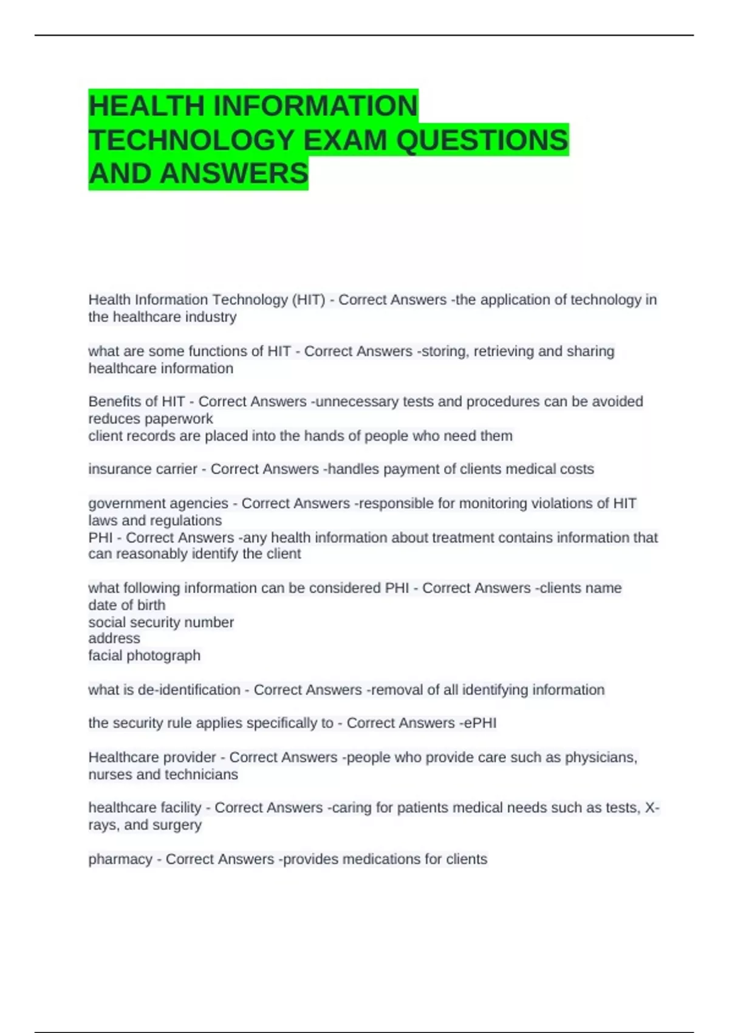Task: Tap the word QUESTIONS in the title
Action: coord(482,140)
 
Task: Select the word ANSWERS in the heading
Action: coord(234,174)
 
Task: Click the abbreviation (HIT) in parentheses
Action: coord(309,300)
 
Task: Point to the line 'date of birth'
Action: coord(126,605)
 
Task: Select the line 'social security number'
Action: coord(161,622)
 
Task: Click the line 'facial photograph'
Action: coord(144,656)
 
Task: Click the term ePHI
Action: coord(481,723)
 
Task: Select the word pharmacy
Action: coord(120,860)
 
